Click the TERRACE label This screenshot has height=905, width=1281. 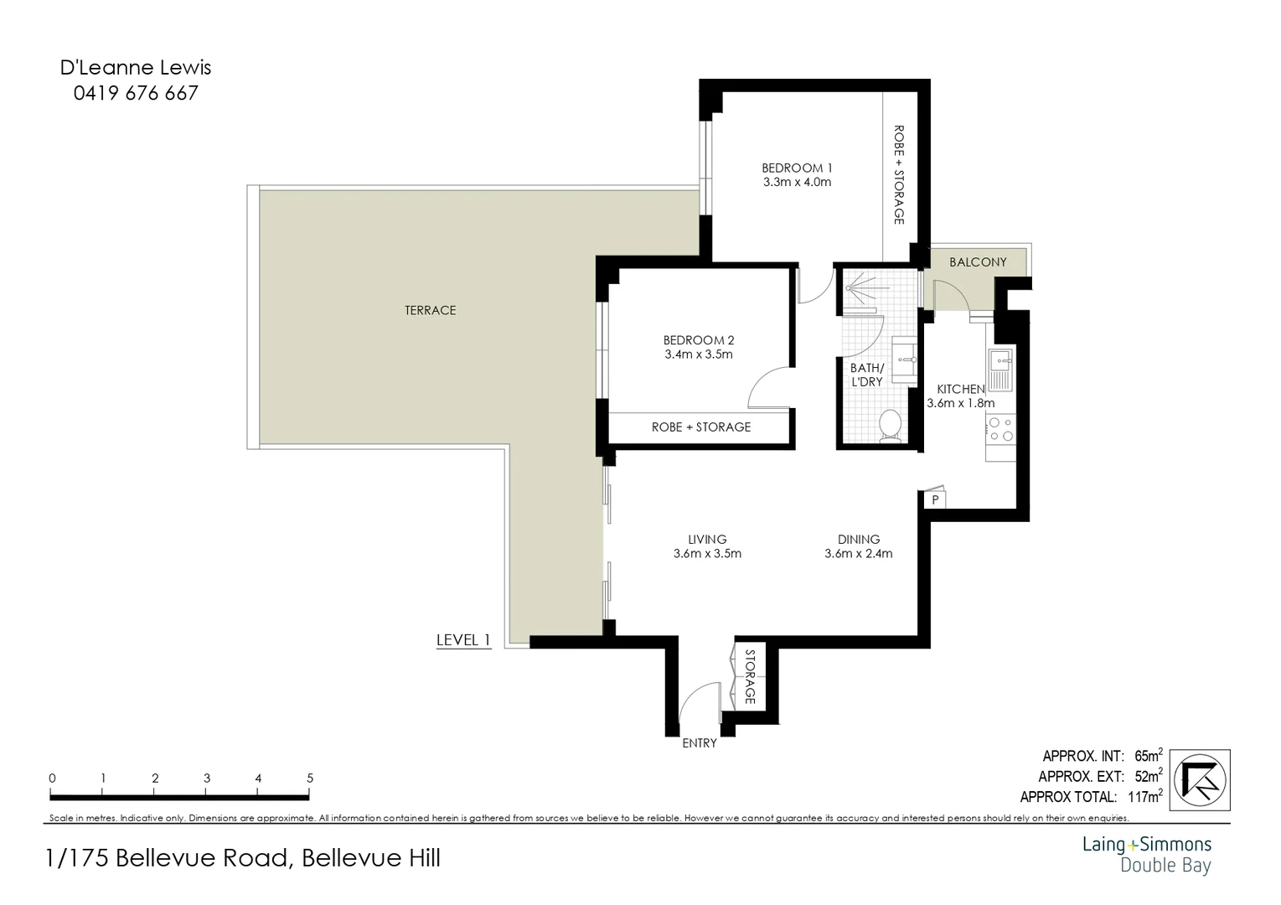430,310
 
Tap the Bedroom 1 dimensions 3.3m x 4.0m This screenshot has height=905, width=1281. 797,182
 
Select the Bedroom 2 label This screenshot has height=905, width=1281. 698,340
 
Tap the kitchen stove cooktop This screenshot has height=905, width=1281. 1000,429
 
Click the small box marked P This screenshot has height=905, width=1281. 934,499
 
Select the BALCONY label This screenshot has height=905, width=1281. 978,262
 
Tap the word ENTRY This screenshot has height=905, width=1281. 700,743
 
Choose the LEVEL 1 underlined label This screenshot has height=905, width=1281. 462,640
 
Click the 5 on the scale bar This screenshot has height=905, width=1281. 310,778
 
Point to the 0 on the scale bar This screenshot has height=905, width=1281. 52,778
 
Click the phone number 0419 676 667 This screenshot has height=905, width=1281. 136,93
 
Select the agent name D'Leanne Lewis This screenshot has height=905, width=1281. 136,67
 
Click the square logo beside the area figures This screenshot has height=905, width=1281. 1201,779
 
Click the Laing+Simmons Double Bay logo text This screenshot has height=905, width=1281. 1146,854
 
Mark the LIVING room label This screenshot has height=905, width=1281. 707,540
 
